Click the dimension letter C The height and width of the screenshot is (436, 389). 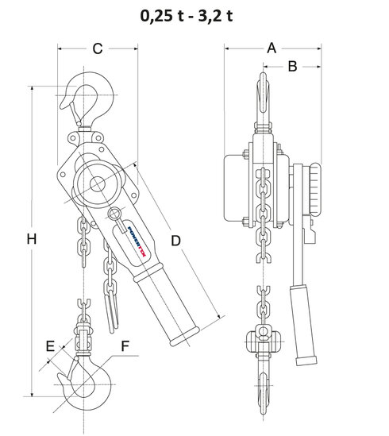[96, 49]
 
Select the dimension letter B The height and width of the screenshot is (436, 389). [291, 68]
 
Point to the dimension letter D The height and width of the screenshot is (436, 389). [176, 239]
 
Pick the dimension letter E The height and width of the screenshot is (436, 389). [49, 346]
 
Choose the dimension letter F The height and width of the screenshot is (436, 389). [125, 346]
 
